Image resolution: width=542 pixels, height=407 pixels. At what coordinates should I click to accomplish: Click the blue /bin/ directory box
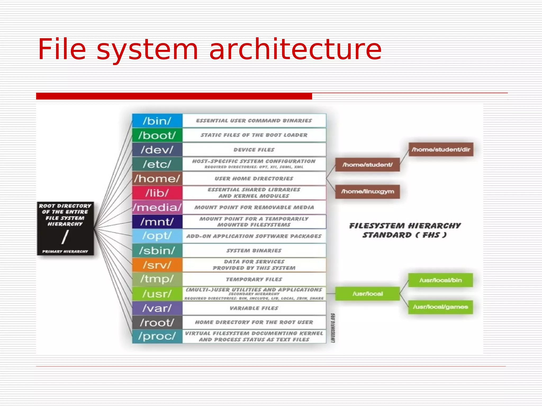pyautogui.click(x=157, y=121)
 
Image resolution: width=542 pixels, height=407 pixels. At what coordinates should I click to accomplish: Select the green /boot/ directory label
pyautogui.click(x=157, y=135)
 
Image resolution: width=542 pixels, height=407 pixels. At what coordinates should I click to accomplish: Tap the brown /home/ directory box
pyautogui.click(x=157, y=179)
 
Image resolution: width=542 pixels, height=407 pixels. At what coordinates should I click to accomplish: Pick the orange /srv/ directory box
pyautogui.click(x=157, y=265)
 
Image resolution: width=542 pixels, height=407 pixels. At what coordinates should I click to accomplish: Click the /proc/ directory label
pyautogui.click(x=157, y=336)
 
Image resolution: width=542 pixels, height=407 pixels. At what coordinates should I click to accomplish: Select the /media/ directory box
pyautogui.click(x=157, y=207)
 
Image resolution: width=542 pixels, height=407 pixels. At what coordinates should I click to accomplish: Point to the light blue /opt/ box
pyautogui.click(x=157, y=236)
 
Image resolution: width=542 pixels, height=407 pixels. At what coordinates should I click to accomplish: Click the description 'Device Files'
pyautogui.click(x=254, y=150)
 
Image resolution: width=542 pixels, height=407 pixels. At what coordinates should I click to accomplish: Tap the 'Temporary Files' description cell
pyautogui.click(x=254, y=279)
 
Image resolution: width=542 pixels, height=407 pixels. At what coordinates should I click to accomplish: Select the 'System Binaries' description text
pyautogui.click(x=254, y=250)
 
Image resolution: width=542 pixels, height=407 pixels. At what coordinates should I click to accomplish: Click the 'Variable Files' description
pyautogui.click(x=254, y=308)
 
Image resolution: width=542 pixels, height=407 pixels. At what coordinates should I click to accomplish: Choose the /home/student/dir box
pyautogui.click(x=441, y=149)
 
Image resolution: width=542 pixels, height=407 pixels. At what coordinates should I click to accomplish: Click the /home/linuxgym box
pyautogui.click(x=367, y=191)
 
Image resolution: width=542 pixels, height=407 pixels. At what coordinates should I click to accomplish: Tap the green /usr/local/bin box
pyautogui.click(x=440, y=280)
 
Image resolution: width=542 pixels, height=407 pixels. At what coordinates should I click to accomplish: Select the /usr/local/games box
pyautogui.click(x=440, y=307)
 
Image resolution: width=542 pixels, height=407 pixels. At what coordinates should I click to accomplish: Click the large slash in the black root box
pyautogui.click(x=65, y=237)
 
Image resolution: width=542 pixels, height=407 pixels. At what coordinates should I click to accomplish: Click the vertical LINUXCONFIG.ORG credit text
pyautogui.click(x=333, y=328)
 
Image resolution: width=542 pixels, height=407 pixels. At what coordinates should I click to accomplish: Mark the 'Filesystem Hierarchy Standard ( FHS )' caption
pyautogui.click(x=405, y=230)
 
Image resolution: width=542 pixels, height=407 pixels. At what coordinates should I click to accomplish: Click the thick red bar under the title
pyautogui.click(x=174, y=96)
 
